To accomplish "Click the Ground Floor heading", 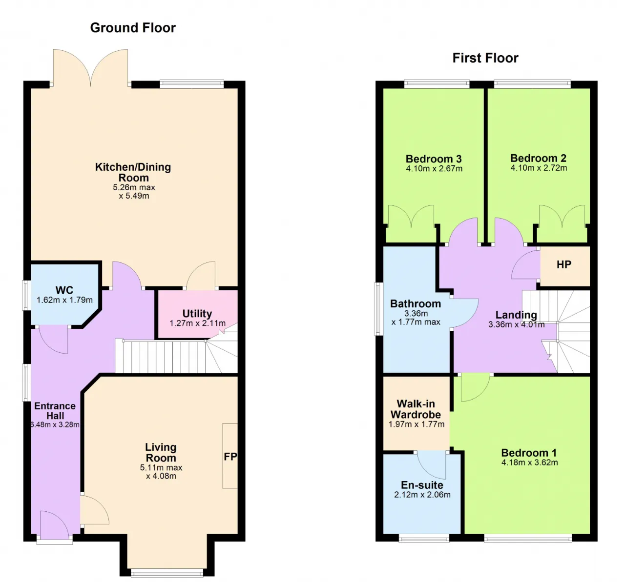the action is coord(133,28).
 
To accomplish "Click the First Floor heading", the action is coord(485,58).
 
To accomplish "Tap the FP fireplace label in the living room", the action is coord(230,457).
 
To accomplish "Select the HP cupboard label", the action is coord(563,264).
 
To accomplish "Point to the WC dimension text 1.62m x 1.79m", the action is coord(64,300).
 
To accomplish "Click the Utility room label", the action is coord(197,314).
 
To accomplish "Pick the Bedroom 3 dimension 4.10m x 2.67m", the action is coord(434,168).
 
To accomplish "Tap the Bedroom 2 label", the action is coord(539,158).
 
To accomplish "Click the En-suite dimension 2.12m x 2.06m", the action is coord(422,495).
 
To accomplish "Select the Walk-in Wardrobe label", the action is coord(416,409).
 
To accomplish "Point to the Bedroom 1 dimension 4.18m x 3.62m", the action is coord(530,462).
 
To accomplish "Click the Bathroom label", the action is coord(416,304).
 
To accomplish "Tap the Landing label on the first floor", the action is coord(516,315).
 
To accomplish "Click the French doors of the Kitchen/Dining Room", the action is coord(91,68).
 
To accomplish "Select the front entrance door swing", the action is coord(54,524).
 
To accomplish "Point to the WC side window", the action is coord(26,296).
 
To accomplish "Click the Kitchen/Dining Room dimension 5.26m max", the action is coord(134,187).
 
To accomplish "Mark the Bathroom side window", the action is coord(378,309).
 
